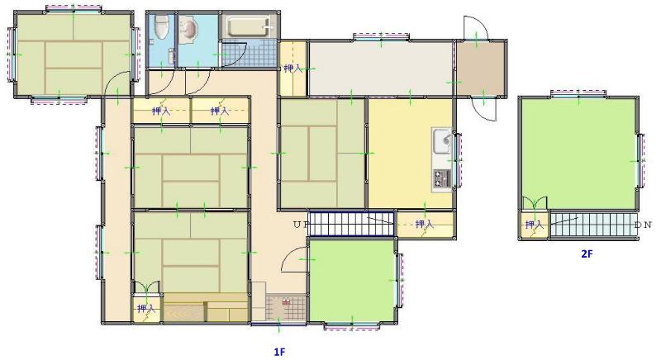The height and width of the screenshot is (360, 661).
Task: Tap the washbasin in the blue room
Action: coord(188,30)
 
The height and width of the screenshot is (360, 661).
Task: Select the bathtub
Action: coord(249,26)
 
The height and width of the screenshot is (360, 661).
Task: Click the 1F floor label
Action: coord(279,352)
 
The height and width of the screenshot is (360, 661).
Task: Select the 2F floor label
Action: coord(587,253)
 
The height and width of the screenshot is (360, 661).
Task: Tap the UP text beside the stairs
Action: coord(301,225)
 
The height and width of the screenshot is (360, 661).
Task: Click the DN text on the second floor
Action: coord(644,225)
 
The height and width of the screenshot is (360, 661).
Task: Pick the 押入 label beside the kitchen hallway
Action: coord(293,69)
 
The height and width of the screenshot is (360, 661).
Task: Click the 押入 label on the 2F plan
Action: coord(534,225)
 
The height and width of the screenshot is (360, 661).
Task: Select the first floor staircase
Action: coord(352,224)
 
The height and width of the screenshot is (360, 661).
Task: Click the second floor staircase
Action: coord(593,225)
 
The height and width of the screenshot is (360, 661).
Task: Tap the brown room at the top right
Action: coord(481,69)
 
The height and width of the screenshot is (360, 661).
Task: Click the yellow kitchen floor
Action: coord(410,154)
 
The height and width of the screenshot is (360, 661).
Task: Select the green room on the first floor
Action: coord(352,280)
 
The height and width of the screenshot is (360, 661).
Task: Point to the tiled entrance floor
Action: coord(286,307)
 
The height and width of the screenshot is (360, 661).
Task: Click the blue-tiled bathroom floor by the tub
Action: coord(249,53)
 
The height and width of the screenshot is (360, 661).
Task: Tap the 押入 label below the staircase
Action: coord(424,225)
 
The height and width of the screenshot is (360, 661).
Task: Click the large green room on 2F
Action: coord(578,154)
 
